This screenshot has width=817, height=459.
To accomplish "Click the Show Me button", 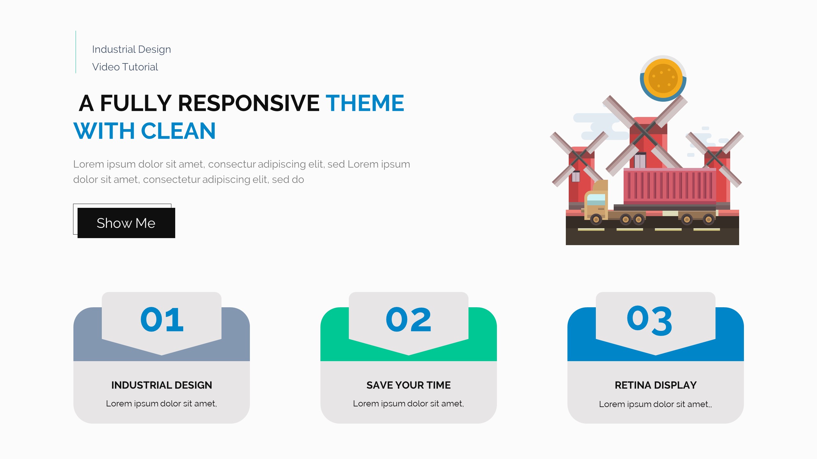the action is coord(126,223).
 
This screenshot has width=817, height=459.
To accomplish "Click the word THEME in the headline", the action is coord(365,103).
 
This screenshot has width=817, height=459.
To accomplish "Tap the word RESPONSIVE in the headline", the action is coord(249,103).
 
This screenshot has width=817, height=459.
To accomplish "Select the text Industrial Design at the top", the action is coord(131,49).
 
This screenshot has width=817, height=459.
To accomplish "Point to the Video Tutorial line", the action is coord(125,67).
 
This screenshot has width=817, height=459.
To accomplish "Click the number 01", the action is coord(162,319).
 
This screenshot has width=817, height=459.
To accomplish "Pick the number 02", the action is coord(408,319).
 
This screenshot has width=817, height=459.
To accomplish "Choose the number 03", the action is coord(649,320).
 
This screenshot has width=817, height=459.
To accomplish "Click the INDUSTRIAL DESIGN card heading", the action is coord(161,385).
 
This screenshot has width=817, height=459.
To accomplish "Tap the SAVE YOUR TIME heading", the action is coord(408,385).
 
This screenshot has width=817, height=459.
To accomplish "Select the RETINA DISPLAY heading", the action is coord(656,385).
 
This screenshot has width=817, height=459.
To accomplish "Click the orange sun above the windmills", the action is coord(663,78).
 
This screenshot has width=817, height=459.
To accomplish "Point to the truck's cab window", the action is coord(596,199).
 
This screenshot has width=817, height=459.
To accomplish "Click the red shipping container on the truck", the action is coord(670,186).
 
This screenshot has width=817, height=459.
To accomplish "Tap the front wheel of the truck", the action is coord(596,219).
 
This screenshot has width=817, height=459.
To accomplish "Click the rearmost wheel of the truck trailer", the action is coord(708,219).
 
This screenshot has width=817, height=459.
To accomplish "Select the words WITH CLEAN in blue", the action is coord(145,131).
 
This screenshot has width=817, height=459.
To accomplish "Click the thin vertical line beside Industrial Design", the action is coord(76,52).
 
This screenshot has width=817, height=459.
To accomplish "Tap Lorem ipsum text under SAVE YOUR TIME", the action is coord(408,404).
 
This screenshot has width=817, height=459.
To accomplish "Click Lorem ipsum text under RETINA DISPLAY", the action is coord(655,404).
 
